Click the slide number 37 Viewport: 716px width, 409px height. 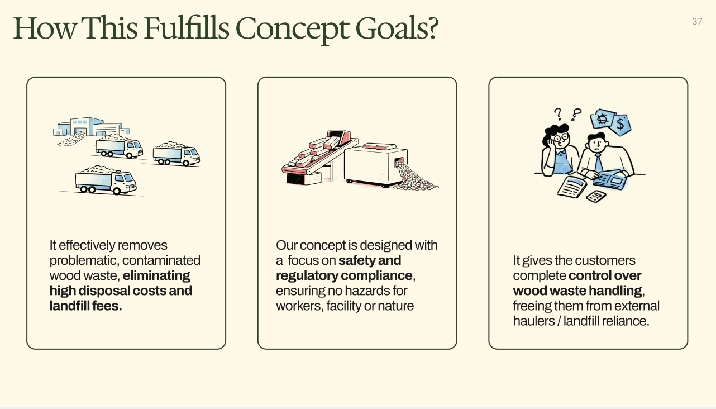tap(696, 21)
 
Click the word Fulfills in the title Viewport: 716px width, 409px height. tap(186, 28)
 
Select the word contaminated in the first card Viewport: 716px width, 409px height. tap(161, 260)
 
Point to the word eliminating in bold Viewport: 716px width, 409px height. tap(156, 275)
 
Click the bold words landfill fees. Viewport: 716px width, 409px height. tap(85, 306)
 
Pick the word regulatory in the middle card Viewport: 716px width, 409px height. tap(307, 275)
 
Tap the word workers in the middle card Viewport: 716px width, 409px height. tap(295, 306)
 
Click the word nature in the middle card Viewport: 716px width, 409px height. tap(395, 306)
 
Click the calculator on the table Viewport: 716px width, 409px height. tap(596, 196)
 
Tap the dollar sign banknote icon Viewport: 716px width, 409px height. tap(620, 123)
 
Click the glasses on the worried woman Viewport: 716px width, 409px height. tap(562, 136)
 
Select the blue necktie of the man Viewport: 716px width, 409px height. tap(598, 163)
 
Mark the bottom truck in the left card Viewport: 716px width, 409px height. tap(106, 180)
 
